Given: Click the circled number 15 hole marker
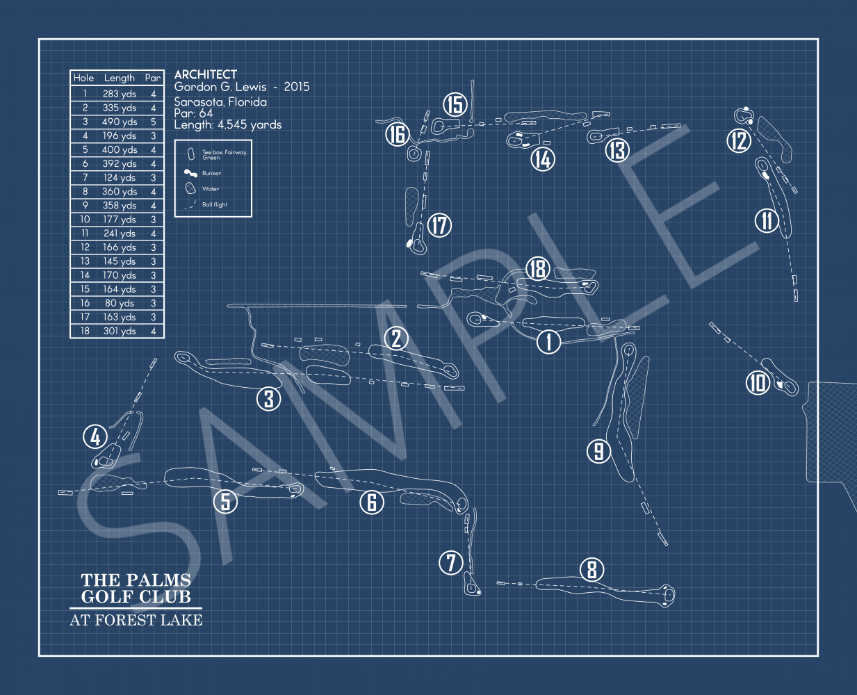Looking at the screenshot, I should point(455,104).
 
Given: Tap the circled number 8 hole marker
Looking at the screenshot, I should point(591,570).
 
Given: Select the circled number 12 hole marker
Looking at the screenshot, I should point(739,141).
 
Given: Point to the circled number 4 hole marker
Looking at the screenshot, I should point(95,437).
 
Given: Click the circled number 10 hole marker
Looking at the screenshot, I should point(758,382).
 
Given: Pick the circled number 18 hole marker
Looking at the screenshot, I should point(538,268).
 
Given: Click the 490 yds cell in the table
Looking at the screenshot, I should point(120,122).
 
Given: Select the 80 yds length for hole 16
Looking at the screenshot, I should point(120,303).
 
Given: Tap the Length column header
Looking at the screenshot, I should point(120,78).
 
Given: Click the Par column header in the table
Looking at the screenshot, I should point(153,78).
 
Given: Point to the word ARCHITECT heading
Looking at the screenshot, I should point(206,74).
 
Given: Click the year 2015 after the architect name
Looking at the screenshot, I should point(297,87).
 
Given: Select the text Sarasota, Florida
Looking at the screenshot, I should point(220,101).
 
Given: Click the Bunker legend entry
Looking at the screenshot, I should point(211,173).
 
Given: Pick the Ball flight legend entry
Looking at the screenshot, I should point(215,205).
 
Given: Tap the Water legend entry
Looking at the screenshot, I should point(211,189).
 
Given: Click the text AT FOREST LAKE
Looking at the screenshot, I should point(136,620).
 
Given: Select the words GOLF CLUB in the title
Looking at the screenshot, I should point(136,597).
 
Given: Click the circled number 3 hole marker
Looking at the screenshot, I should point(269,398).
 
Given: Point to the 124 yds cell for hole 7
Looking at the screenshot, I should point(120,178).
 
